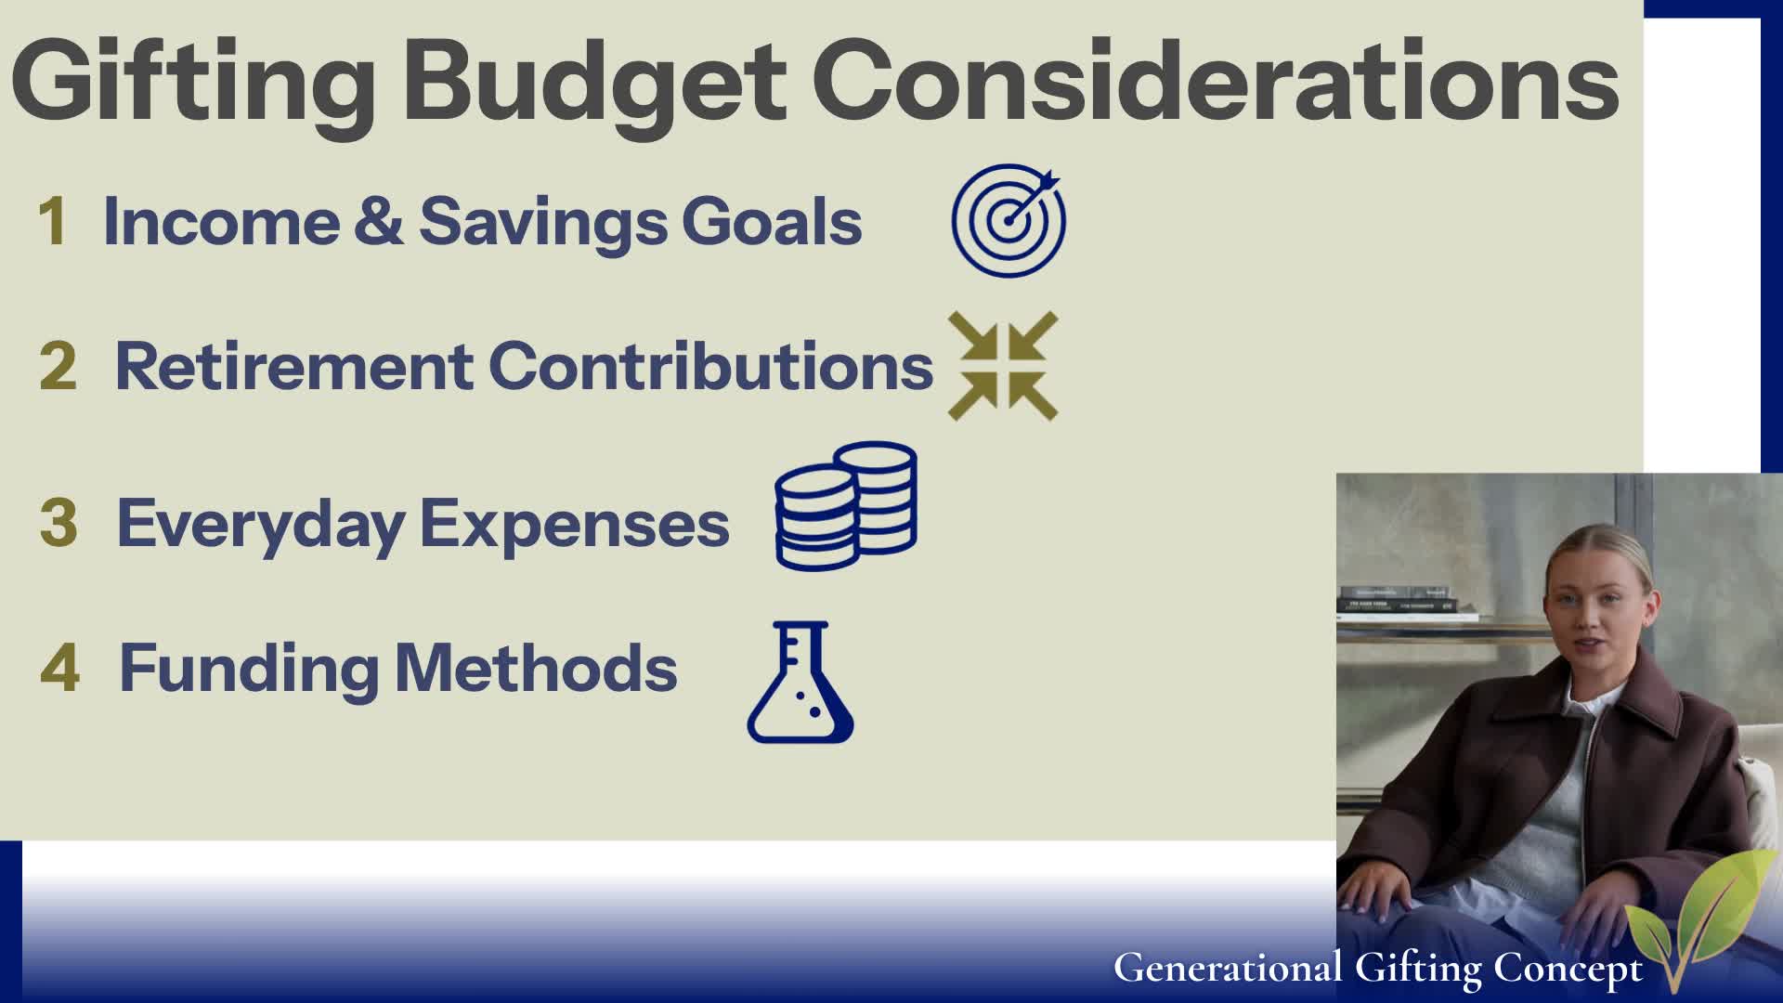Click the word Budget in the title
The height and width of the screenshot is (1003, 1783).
594,84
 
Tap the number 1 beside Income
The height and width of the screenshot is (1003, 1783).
52,223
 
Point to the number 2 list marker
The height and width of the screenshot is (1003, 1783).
58,367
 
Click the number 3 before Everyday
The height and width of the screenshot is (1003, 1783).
59,523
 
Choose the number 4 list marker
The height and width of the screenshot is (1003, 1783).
60,668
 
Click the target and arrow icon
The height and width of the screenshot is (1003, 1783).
1009,220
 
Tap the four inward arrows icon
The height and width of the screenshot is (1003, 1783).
1003,366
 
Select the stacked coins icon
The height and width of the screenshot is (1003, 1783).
846,506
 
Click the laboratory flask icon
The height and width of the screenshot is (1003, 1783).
800,683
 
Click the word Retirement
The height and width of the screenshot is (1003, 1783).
293,367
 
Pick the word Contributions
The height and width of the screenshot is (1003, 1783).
710,367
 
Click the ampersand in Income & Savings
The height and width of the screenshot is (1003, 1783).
379,223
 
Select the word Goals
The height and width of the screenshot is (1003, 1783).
772,223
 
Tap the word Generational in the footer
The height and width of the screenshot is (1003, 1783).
1227,968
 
